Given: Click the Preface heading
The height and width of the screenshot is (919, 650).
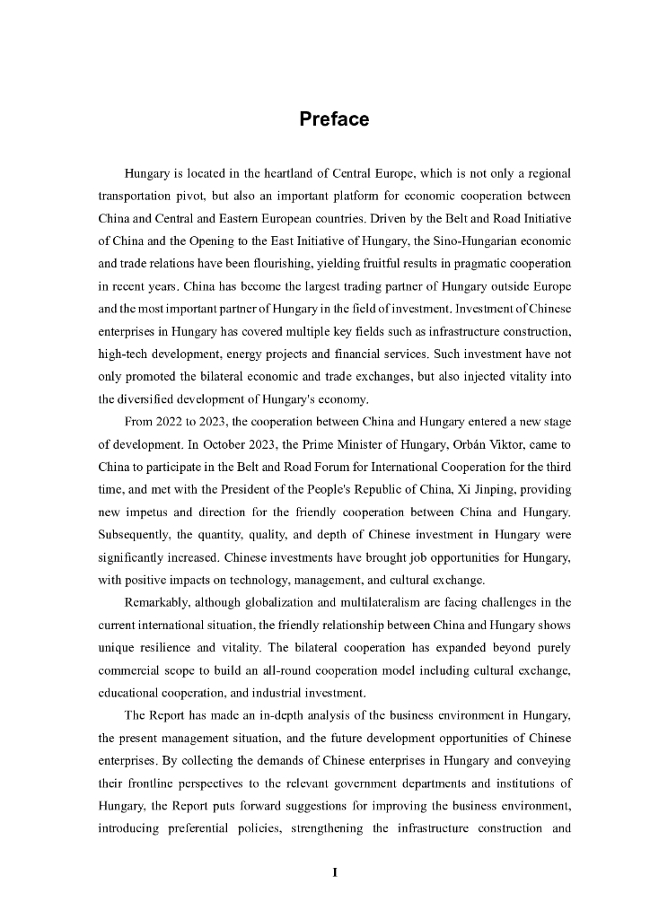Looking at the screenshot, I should (334, 119).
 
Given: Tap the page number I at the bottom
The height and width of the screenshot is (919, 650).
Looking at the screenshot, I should (334, 871).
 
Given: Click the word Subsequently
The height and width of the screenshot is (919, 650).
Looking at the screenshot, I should (137, 538).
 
